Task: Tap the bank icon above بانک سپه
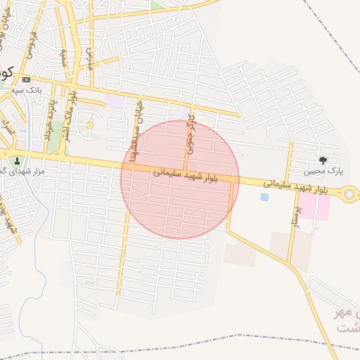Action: (x=27, y=79)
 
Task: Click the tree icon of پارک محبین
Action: (x=323, y=160)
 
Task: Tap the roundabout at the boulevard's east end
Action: (x=350, y=194)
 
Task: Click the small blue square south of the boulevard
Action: (x=264, y=198)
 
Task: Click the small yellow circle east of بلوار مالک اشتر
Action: (x=90, y=125)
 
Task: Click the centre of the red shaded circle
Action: (x=180, y=179)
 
